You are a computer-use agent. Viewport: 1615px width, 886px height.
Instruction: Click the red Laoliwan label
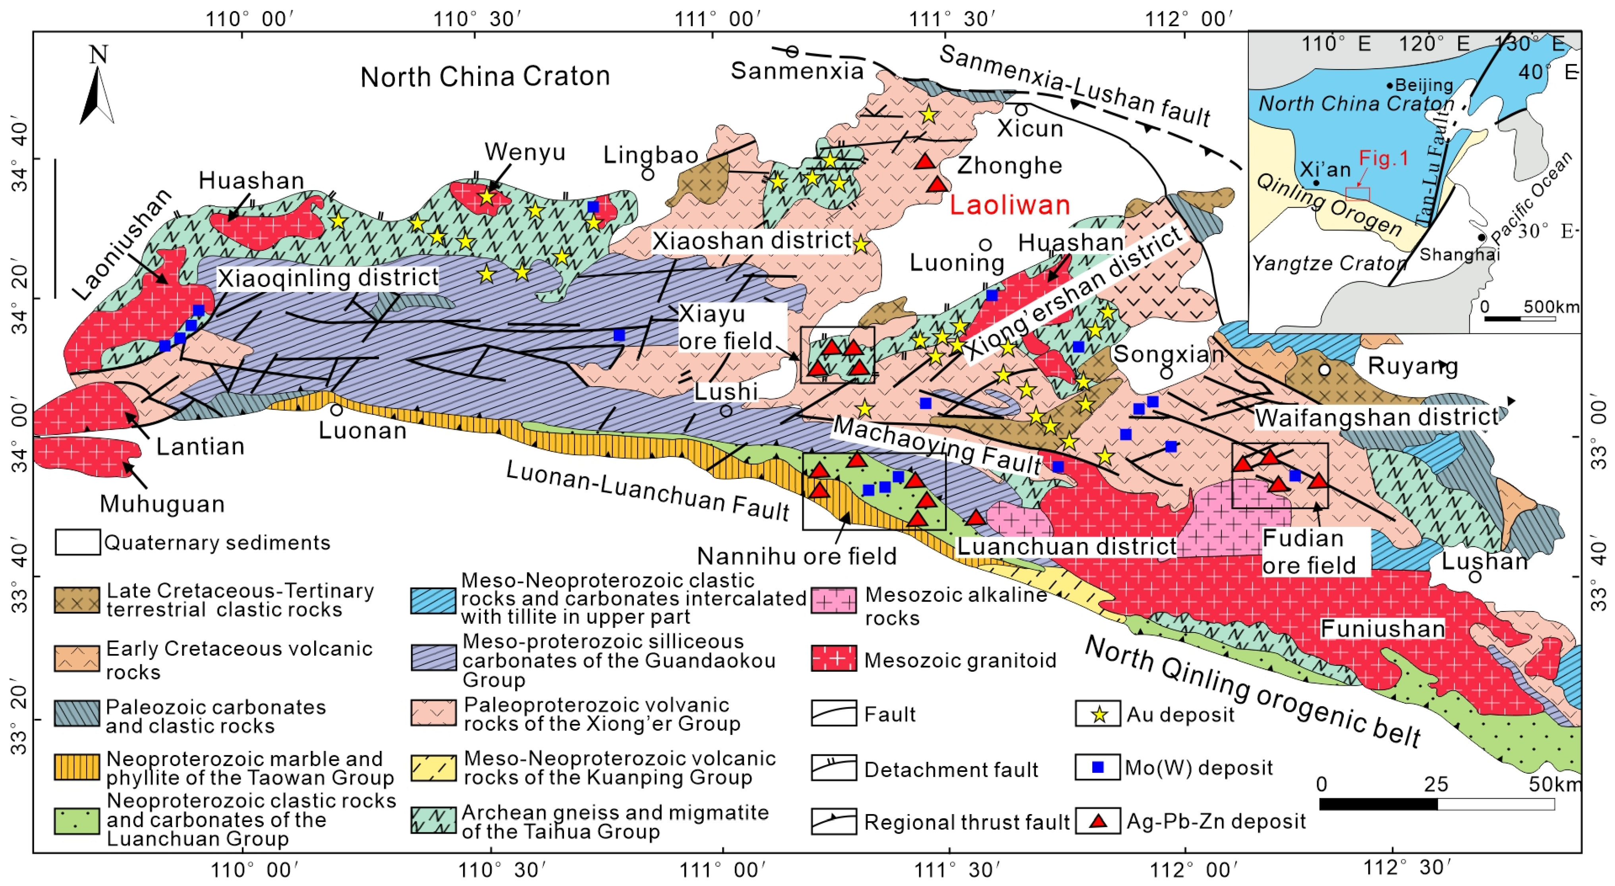pyautogui.click(x=1009, y=205)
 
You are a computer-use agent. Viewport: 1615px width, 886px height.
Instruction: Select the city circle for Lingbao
pyautogui.click(x=648, y=174)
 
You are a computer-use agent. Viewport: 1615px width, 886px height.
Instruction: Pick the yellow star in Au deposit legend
pyautogui.click(x=1098, y=714)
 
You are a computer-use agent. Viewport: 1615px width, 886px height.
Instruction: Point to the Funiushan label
pyautogui.click(x=1382, y=628)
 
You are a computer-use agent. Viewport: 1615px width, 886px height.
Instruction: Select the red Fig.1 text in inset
pyautogui.click(x=1384, y=158)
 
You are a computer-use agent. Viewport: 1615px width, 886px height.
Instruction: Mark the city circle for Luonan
pyautogui.click(x=337, y=410)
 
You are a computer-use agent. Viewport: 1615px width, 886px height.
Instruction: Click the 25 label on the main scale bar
pyautogui.click(x=1436, y=784)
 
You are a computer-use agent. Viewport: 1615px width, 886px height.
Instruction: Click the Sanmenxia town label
pyautogui.click(x=796, y=71)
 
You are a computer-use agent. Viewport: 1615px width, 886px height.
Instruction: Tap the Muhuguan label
pyautogui.click(x=162, y=503)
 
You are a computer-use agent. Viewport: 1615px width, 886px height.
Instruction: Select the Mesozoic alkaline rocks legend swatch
pyautogui.click(x=833, y=600)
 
